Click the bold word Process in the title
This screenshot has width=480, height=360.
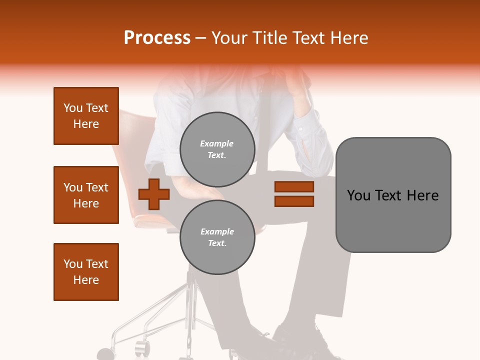click(157, 38)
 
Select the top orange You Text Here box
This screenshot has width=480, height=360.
click(86, 116)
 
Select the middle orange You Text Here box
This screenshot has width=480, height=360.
click(86, 195)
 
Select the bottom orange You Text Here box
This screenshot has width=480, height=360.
click(86, 272)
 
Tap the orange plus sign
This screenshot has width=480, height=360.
click(154, 194)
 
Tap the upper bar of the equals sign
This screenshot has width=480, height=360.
click(294, 186)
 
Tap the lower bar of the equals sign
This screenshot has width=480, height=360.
click(294, 201)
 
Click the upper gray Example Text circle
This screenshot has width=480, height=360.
click(217, 149)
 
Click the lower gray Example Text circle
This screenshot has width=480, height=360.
click(217, 237)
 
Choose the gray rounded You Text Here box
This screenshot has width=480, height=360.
click(393, 195)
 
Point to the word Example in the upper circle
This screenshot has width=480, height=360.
click(217, 143)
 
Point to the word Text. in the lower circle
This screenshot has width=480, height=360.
click(217, 243)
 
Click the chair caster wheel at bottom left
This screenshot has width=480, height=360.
click(142, 347)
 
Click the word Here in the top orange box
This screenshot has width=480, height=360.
click(86, 124)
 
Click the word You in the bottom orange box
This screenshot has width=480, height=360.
click(73, 264)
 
